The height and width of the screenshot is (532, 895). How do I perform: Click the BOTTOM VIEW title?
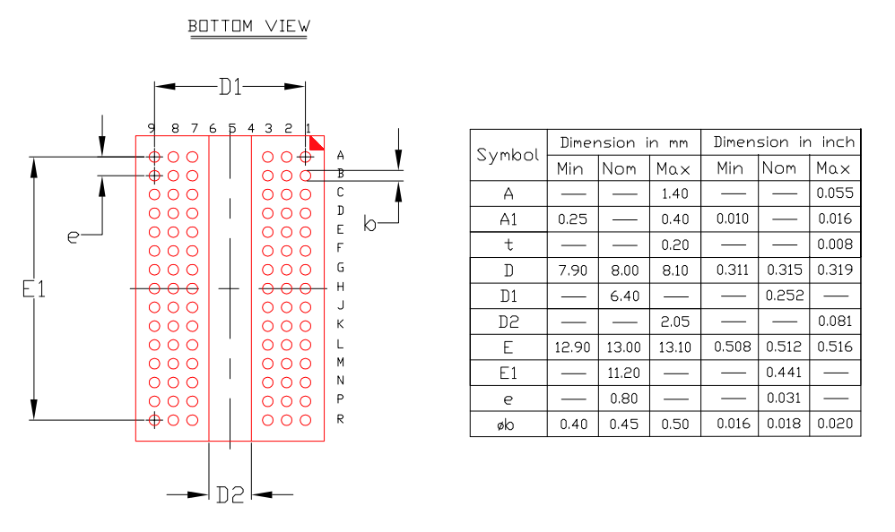click(248, 26)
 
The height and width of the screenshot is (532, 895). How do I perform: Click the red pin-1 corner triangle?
click(317, 142)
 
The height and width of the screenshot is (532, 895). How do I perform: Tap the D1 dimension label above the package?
click(230, 87)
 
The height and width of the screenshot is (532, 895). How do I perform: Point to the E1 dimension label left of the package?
click(33, 288)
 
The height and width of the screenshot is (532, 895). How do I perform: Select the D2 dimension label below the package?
click(230, 493)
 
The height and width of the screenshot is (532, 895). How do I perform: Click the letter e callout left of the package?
click(74, 236)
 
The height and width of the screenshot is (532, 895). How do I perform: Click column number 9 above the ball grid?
click(153, 129)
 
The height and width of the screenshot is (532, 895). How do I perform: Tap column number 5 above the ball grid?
click(231, 129)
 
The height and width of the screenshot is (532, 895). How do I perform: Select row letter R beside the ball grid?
click(341, 419)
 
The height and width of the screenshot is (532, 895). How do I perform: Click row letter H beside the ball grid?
click(341, 287)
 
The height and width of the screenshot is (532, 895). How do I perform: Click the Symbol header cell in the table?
click(508, 155)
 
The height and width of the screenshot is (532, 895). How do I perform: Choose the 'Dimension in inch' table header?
click(784, 142)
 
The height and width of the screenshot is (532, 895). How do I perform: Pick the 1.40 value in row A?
click(673, 193)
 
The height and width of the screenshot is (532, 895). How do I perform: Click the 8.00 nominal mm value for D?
click(622, 270)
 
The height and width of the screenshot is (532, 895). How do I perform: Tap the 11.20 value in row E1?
click(622, 373)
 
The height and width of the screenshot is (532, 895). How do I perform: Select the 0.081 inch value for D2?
click(834, 322)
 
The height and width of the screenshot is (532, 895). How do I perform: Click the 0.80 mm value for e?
click(622, 399)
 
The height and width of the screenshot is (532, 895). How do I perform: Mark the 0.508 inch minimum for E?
click(732, 348)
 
